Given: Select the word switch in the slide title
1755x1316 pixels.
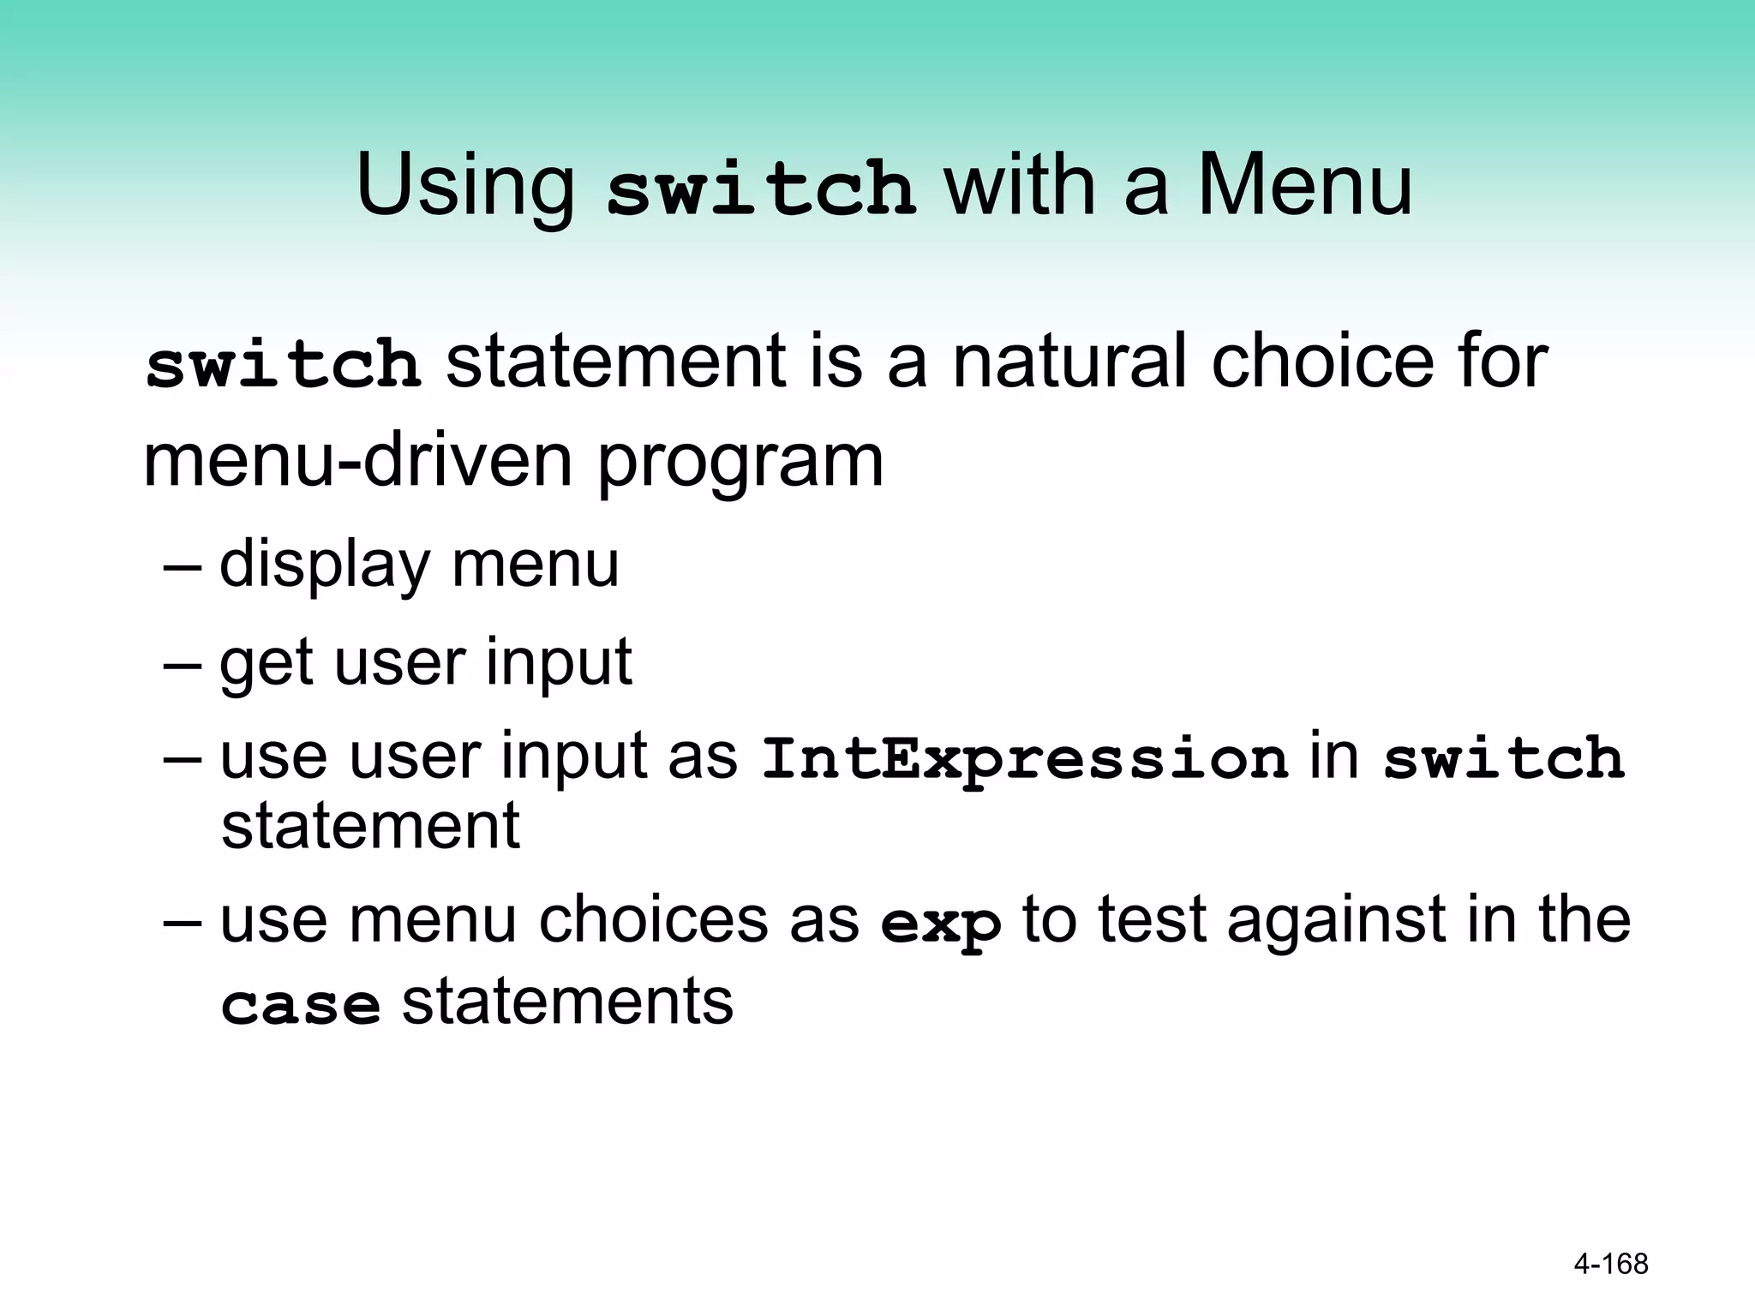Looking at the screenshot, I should pos(760,188).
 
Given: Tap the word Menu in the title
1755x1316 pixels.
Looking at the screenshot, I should pos(1303,186).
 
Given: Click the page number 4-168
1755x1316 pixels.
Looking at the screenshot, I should pos(1611,1264).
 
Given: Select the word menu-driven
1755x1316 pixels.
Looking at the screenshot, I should pos(357,461).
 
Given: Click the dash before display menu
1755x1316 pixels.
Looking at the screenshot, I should pos(182,566).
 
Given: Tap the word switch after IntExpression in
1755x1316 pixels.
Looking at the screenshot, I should pos(1503,757).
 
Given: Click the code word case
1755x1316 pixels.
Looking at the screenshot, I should pos(300,1005).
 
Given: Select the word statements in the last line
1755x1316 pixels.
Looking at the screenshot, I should pos(567,1001).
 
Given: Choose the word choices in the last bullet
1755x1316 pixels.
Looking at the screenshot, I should pos(653,919).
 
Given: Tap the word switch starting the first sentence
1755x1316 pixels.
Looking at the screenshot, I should pos(284,363).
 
